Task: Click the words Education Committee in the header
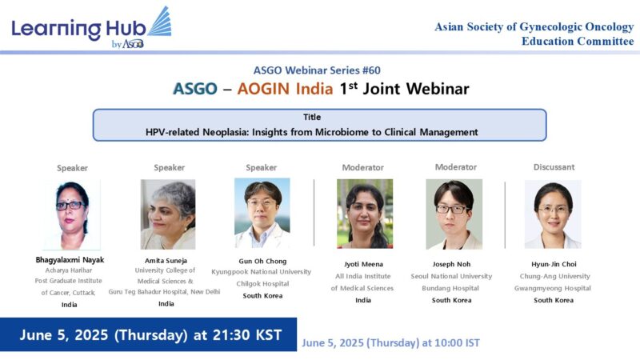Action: (577, 41)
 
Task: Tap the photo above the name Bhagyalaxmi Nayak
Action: (72, 214)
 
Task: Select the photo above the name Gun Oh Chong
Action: (262, 213)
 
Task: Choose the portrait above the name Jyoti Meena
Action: (363, 214)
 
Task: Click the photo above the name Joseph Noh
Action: (456, 214)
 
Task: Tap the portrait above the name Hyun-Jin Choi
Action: (553, 214)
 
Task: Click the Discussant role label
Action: (554, 167)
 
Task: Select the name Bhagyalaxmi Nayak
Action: (70, 261)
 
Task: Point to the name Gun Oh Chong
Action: (262, 261)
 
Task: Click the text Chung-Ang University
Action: (554, 276)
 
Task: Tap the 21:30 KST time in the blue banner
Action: (243, 334)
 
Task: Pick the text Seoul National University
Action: (456, 276)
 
